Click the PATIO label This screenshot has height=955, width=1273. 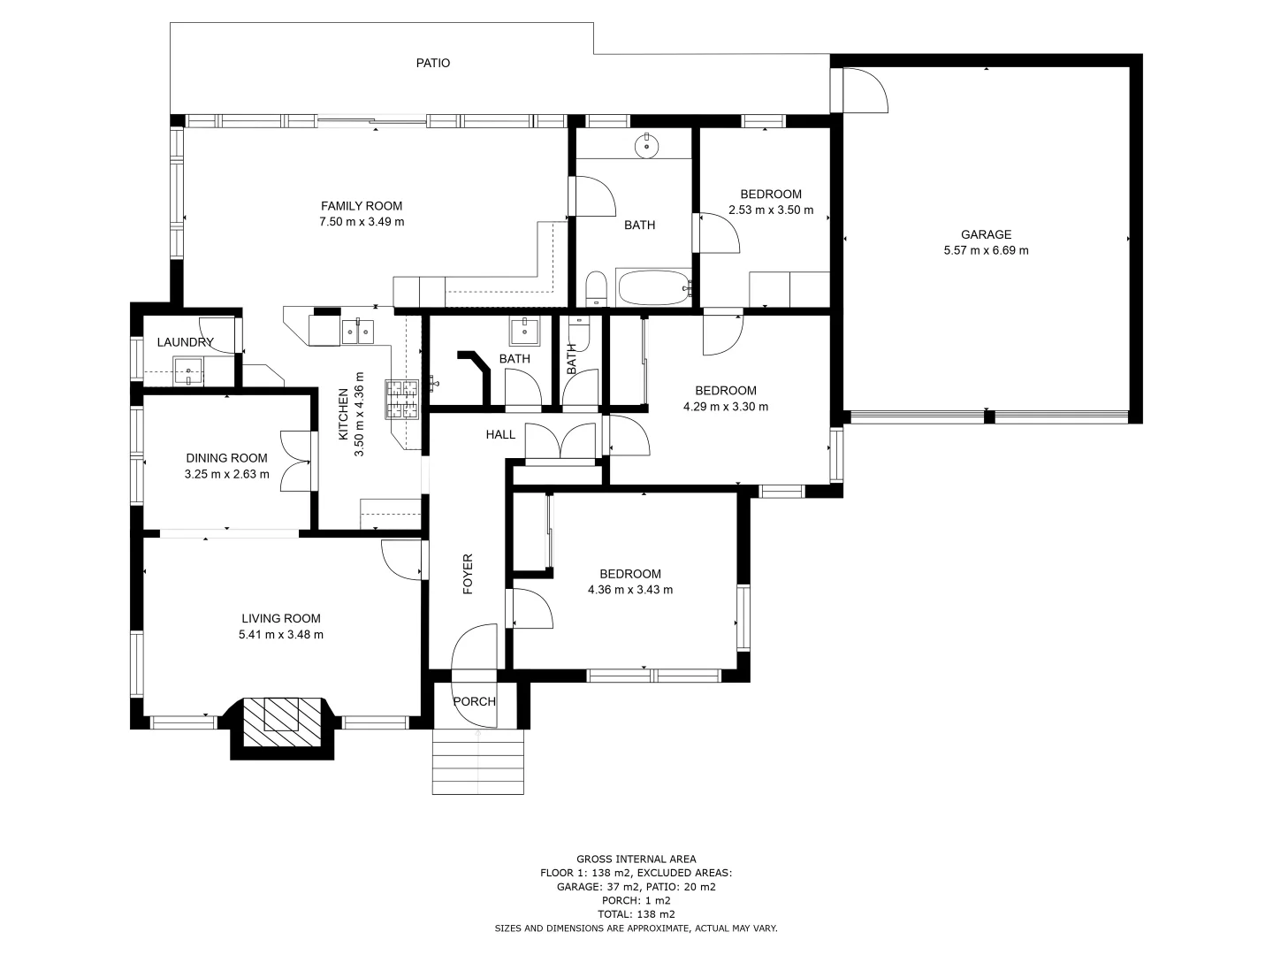433,63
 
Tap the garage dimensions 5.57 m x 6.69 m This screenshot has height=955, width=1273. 986,250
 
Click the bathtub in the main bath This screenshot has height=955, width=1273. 653,287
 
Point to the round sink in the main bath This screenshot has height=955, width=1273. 648,146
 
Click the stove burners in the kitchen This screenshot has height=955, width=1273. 401,399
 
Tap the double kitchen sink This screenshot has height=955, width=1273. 358,332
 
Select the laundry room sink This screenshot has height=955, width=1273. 189,371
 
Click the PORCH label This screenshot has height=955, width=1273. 475,701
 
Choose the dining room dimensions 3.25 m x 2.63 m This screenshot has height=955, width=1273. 226,474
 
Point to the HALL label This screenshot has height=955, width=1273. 500,434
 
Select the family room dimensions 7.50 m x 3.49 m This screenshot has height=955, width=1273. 362,222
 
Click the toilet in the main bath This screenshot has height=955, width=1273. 595,289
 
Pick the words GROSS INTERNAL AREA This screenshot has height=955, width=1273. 636,859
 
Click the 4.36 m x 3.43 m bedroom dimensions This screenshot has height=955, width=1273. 630,590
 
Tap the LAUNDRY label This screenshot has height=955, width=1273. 185,342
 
